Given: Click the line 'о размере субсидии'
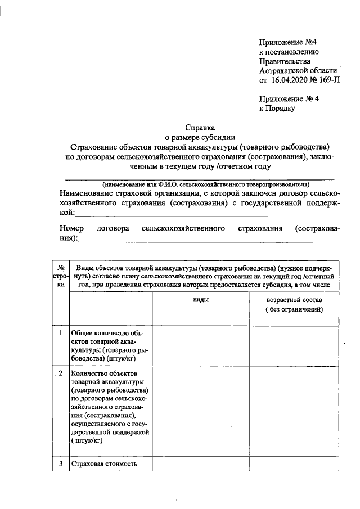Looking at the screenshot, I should tap(200, 137).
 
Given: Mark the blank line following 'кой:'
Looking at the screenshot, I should tap(172, 215).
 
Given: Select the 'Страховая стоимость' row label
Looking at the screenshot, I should tap(104, 464).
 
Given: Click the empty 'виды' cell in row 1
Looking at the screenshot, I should tap(201, 345).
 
